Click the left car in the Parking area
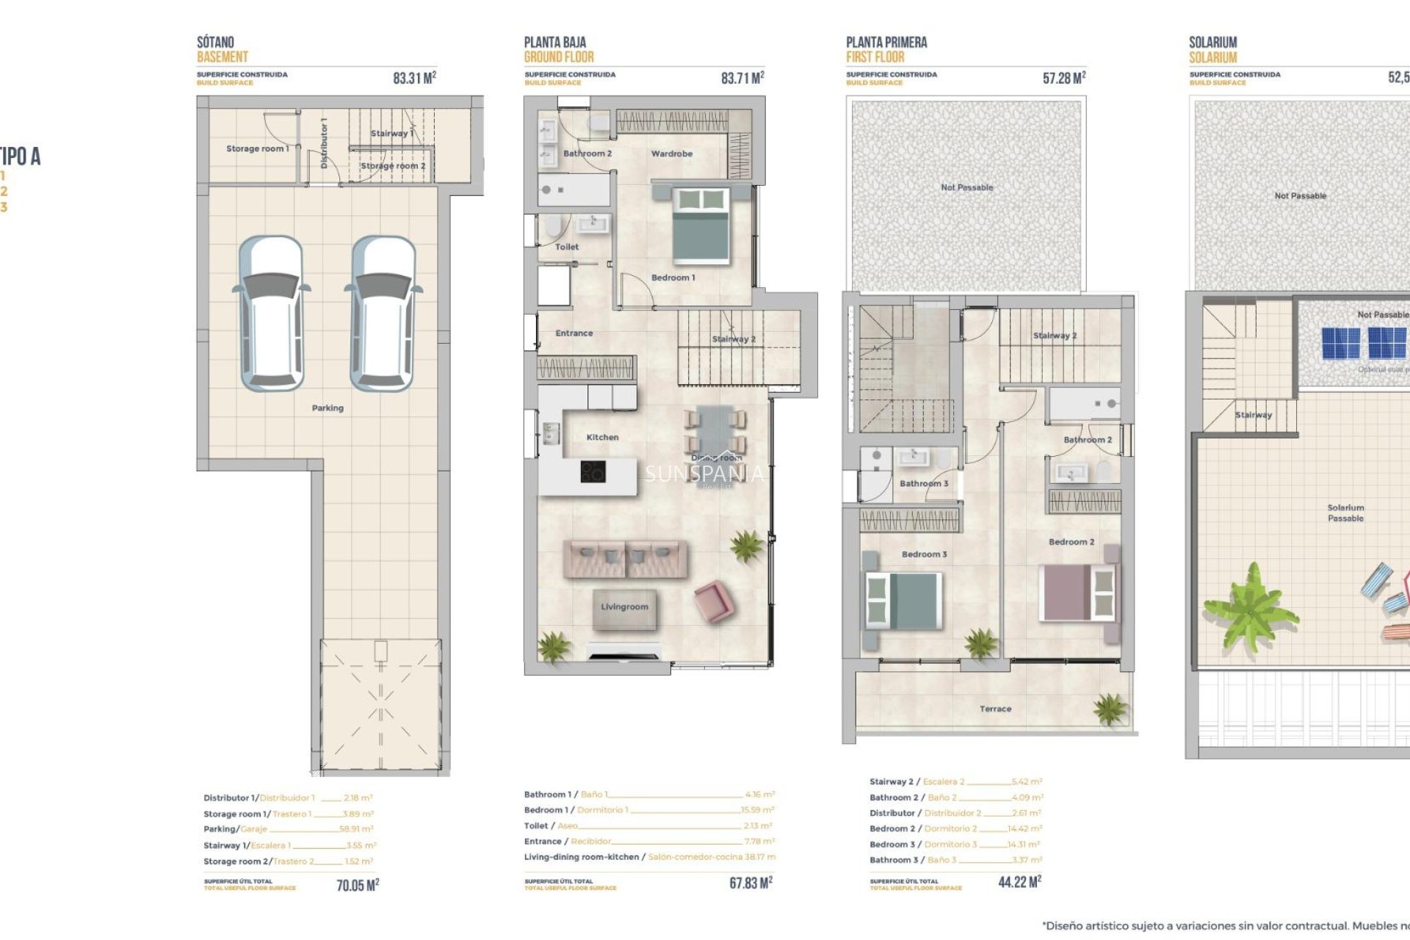[272, 314]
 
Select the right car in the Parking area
[383, 314]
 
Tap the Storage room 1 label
[257, 148]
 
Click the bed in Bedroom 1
[701, 225]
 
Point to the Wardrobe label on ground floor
[671, 154]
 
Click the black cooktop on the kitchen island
[593, 471]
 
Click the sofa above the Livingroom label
[625, 559]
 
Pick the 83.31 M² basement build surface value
[414, 78]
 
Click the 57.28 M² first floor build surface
[1063, 78]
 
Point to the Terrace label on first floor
[995, 709]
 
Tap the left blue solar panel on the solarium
[1341, 343]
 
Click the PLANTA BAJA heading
[554, 43]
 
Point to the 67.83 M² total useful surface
[751, 883]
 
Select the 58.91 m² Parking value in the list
[356, 829]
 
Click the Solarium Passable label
[1345, 513]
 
